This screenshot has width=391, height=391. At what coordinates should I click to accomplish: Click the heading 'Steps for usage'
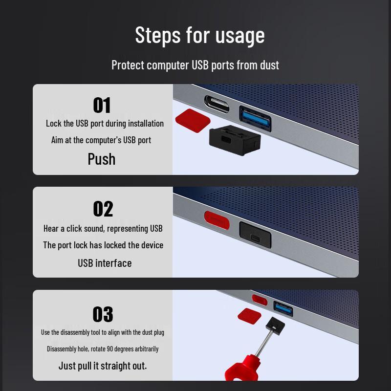(199, 35)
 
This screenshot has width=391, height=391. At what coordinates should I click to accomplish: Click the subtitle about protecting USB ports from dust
(195, 65)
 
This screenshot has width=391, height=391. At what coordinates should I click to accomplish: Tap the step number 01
(102, 105)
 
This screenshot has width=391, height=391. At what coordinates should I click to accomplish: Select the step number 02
(103, 209)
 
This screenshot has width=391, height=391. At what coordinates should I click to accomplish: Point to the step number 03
(103, 314)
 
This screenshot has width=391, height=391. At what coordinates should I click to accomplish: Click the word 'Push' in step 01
(102, 159)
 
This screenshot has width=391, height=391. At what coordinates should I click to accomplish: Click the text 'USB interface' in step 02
(105, 263)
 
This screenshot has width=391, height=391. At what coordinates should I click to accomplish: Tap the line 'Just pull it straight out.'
(103, 366)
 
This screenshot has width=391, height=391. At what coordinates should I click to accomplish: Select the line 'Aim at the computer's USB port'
(101, 140)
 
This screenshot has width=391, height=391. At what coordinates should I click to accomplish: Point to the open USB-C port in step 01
(217, 103)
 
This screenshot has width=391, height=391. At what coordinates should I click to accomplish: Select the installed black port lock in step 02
(255, 233)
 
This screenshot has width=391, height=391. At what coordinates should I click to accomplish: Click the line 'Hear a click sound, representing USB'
(103, 228)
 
